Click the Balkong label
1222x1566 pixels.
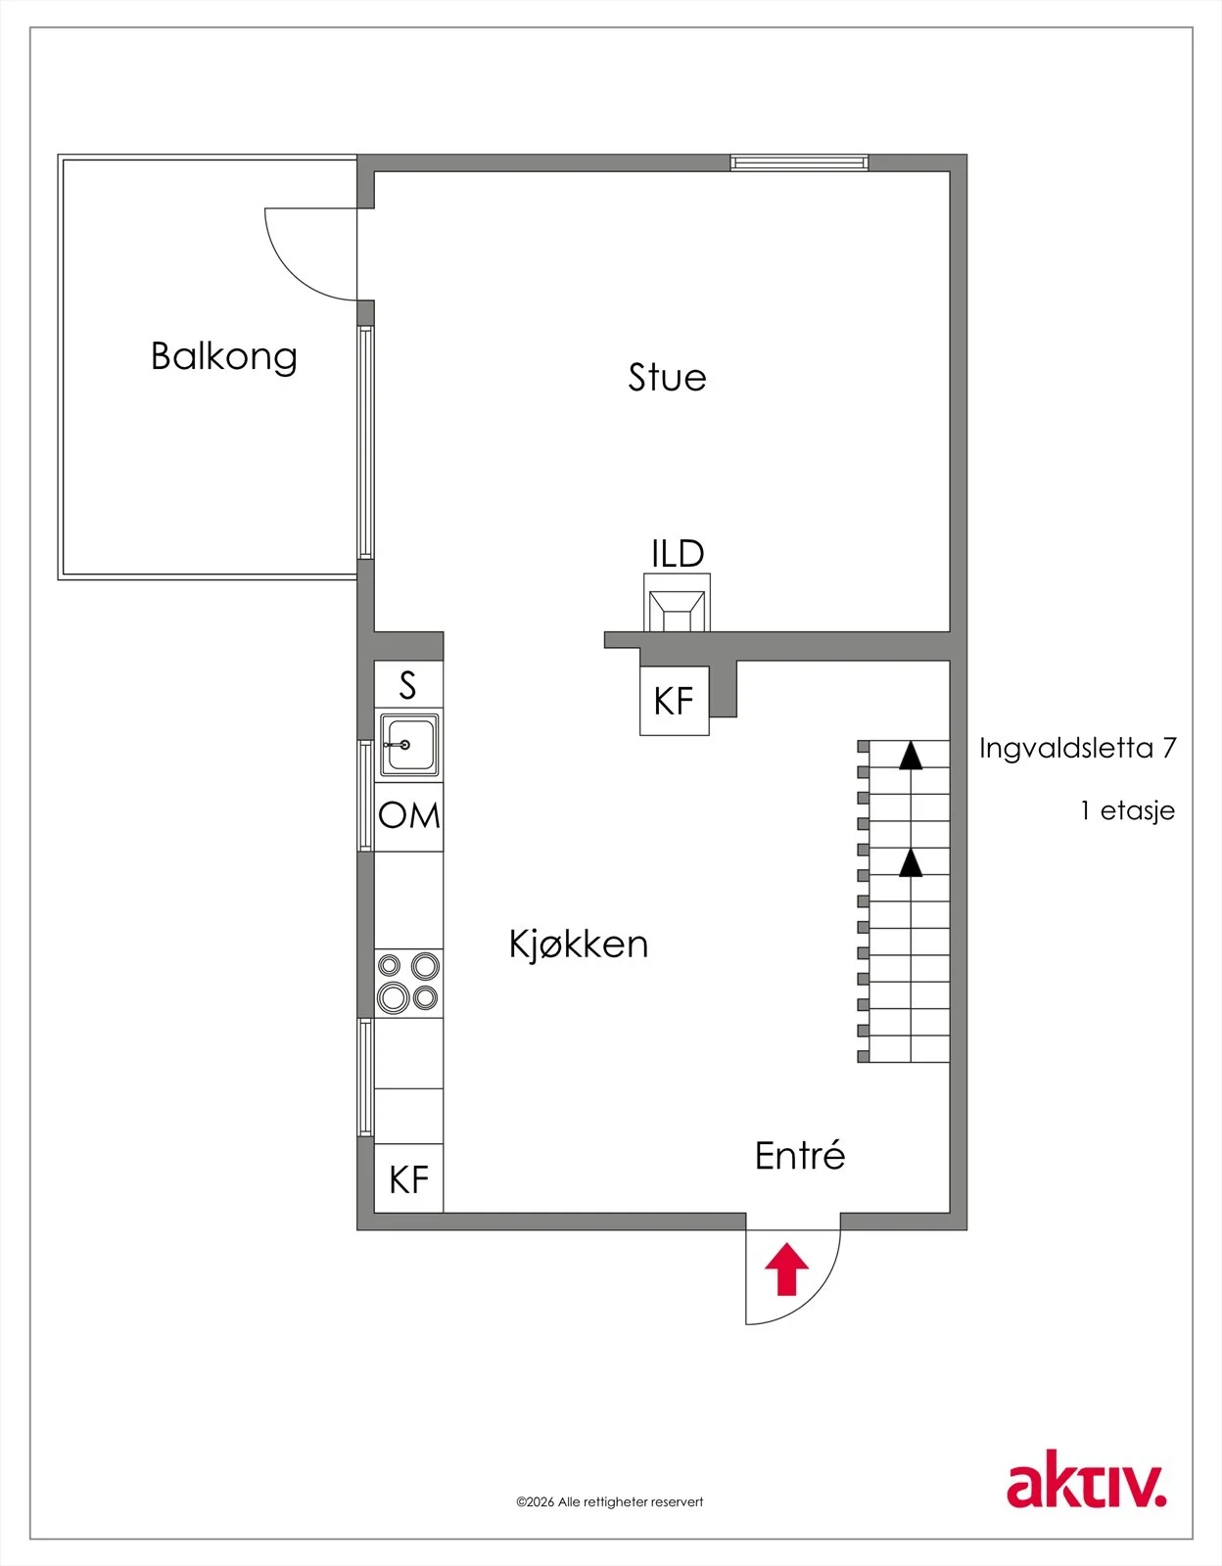223,356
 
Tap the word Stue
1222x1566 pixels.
667,378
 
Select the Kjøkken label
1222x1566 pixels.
578,944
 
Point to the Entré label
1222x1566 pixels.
800,1155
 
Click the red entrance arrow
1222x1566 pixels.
786,1268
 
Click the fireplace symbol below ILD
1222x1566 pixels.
677,603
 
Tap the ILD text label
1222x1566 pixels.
678,553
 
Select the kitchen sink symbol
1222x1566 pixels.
408,745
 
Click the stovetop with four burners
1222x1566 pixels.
408,983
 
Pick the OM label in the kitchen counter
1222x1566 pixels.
408,816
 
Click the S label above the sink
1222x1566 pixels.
408,684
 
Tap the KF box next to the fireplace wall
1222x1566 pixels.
674,701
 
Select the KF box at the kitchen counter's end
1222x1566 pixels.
408,1179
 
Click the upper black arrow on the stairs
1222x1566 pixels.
911,755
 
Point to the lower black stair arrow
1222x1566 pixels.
911,862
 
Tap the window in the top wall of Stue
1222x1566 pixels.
799,162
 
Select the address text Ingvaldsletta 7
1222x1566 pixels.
1077,750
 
